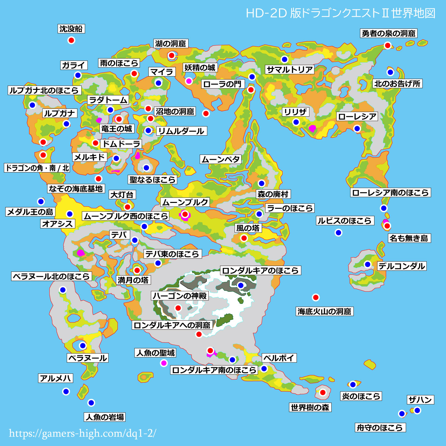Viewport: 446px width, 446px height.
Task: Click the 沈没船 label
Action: tap(71, 29)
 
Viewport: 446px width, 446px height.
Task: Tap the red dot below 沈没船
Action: tap(71, 40)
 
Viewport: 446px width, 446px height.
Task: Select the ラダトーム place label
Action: tap(108, 100)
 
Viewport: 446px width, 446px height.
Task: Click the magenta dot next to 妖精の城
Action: tap(189, 81)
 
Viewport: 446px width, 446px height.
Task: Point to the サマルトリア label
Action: tap(289, 70)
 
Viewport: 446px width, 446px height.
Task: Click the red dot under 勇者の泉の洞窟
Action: tap(388, 45)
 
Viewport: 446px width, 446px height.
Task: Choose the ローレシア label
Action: tap(357, 117)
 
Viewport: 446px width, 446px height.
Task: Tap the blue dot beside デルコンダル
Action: tap(368, 264)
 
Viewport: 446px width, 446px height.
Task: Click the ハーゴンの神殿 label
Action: tap(180, 296)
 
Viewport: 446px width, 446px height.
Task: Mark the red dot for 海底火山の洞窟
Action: tap(316, 297)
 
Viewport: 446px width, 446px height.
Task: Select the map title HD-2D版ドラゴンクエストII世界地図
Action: tap(340, 13)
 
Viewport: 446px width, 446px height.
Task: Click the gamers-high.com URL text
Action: tap(82, 433)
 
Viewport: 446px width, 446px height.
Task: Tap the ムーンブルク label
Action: tap(185, 202)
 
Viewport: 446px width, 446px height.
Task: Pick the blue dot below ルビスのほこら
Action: tap(339, 233)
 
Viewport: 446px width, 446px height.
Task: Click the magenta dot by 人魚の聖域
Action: tap(164, 363)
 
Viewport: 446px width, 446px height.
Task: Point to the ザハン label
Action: tap(421, 400)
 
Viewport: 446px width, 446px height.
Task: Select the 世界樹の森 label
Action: tap(310, 407)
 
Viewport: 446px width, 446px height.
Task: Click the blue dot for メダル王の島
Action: tap(41, 201)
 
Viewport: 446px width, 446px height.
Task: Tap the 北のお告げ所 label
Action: tap(397, 84)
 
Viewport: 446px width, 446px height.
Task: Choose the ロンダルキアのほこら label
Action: tap(260, 271)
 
